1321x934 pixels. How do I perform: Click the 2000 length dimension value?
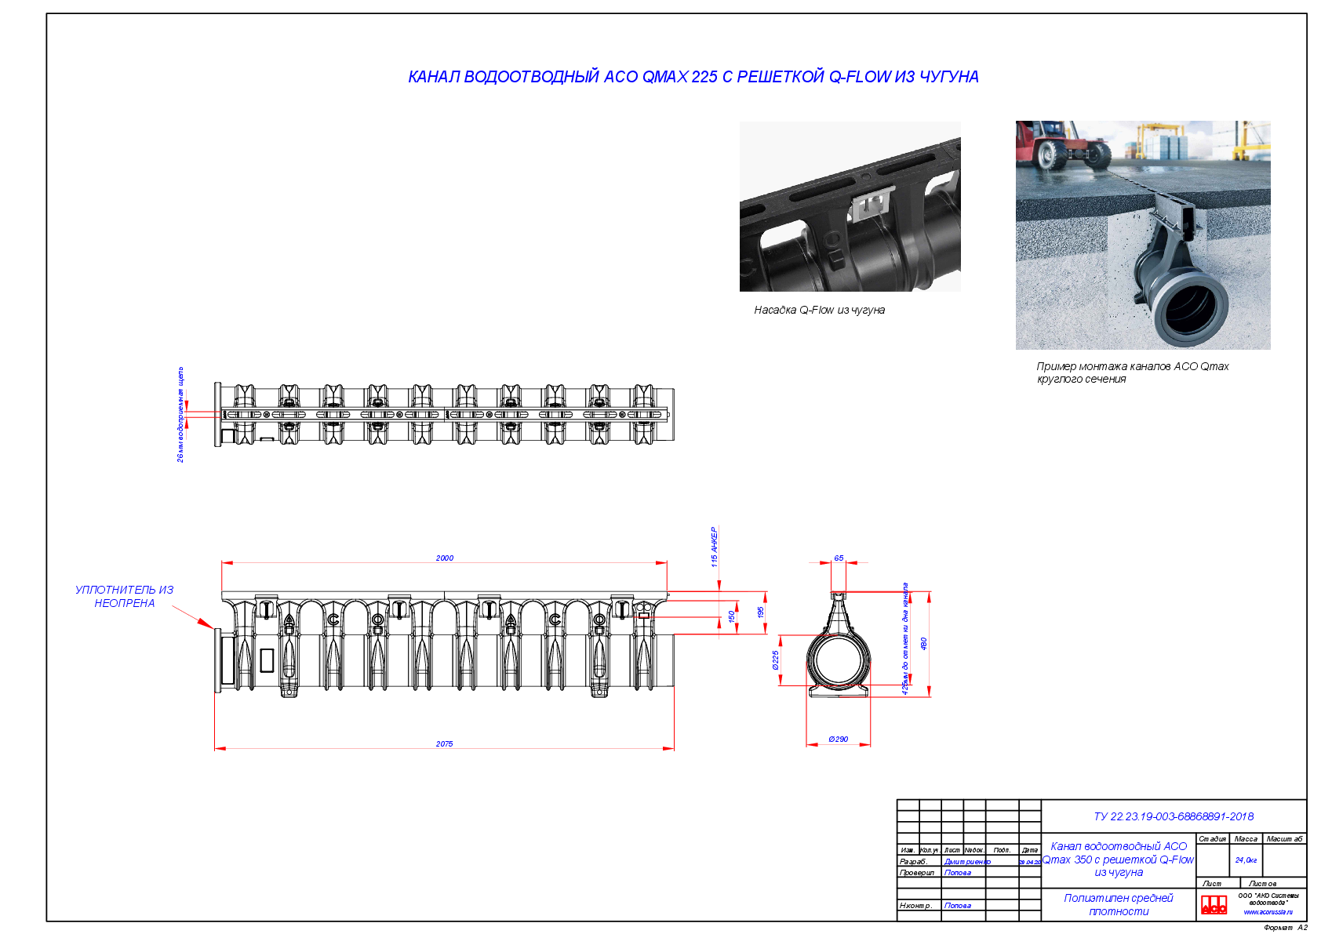(x=444, y=558)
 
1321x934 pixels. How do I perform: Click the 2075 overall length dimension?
(x=444, y=744)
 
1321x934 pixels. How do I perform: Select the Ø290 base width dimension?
(x=838, y=740)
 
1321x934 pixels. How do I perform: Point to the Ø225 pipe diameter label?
(x=776, y=660)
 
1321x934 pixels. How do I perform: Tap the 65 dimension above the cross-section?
(x=839, y=558)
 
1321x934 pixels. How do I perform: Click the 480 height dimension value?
(x=924, y=644)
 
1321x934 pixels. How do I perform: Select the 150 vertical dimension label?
(x=732, y=616)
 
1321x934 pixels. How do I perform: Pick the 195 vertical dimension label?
(x=760, y=612)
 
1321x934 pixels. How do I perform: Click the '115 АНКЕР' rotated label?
(x=714, y=547)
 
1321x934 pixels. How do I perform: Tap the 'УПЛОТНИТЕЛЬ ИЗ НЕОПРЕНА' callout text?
(x=124, y=596)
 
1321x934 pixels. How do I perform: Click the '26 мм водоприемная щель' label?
(x=180, y=414)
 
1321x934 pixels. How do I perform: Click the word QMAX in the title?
(x=664, y=77)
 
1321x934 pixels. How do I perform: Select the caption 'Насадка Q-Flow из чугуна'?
(x=819, y=311)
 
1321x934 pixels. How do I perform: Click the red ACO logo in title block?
(x=1214, y=904)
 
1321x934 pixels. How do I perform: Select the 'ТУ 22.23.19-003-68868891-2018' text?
(x=1173, y=816)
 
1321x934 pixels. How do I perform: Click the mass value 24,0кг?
(x=1246, y=860)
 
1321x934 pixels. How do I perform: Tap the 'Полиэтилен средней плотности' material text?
(x=1118, y=904)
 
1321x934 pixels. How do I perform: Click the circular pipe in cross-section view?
(x=838, y=660)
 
